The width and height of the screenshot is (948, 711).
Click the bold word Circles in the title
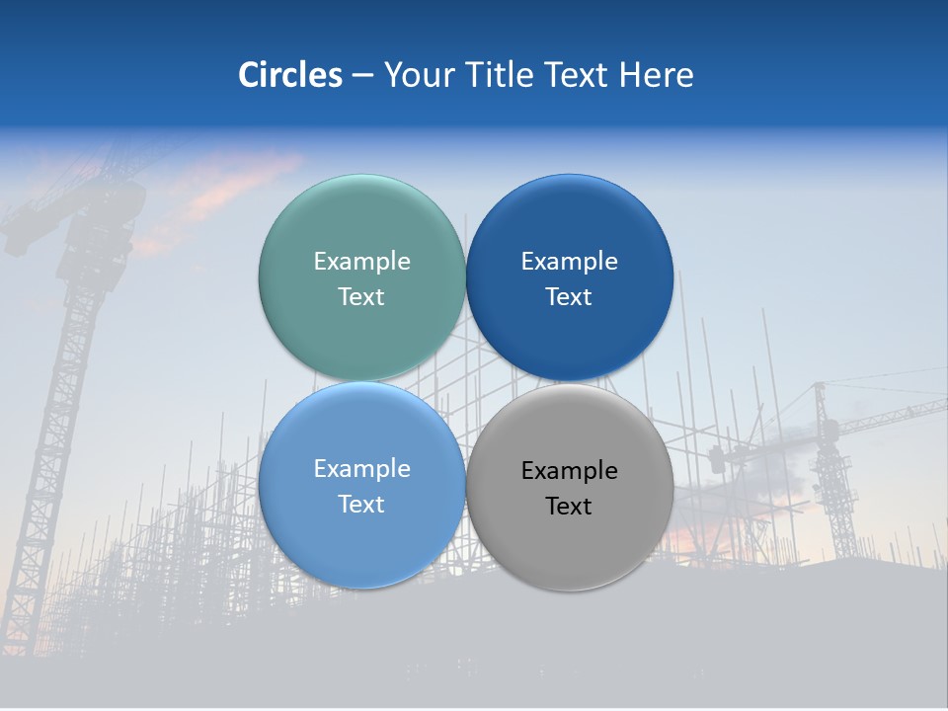[x=289, y=75]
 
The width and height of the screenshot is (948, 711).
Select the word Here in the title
[x=656, y=75]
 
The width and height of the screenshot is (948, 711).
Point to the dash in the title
[x=362, y=76]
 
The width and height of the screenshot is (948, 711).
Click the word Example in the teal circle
[x=361, y=262]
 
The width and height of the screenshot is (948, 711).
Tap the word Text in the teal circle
[x=361, y=297]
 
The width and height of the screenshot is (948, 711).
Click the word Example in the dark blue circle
[x=569, y=262]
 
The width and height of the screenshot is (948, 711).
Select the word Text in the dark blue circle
[x=569, y=297]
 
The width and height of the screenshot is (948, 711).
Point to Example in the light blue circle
[x=361, y=469]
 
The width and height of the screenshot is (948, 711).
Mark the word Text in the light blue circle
[x=361, y=505]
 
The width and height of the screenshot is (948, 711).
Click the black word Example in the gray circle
[x=569, y=471]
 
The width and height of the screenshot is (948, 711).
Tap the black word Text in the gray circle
[x=569, y=507]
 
